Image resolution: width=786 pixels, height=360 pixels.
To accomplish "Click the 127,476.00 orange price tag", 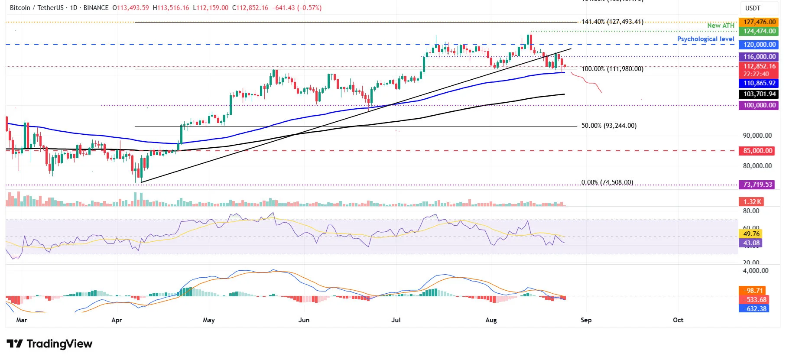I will tap(759, 22).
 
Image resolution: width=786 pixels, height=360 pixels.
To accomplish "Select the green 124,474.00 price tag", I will tap(759, 31).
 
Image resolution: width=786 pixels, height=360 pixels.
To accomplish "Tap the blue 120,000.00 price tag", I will tap(759, 45).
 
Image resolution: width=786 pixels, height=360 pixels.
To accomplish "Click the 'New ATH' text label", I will tap(721, 26).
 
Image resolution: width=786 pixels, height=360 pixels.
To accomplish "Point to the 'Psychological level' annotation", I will tap(705, 39).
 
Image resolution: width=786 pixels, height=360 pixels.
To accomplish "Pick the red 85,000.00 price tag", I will tap(757, 151).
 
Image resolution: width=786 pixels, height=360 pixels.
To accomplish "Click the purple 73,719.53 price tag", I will tap(757, 185).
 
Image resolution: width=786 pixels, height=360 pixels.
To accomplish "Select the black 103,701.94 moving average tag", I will tap(759, 94).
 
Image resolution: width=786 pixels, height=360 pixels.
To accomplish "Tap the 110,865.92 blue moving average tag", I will tap(759, 83).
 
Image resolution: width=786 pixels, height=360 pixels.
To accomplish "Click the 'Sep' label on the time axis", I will tap(586, 320).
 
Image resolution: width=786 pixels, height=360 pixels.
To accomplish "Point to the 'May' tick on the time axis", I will tap(208, 320).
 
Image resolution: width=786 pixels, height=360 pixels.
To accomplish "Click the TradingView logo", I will tap(49, 344).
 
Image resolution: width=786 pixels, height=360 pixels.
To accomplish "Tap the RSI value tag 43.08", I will tap(751, 243).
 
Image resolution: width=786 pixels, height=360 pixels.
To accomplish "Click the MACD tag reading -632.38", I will tap(754, 309).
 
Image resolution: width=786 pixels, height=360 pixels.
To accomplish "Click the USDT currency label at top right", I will tap(753, 8).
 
